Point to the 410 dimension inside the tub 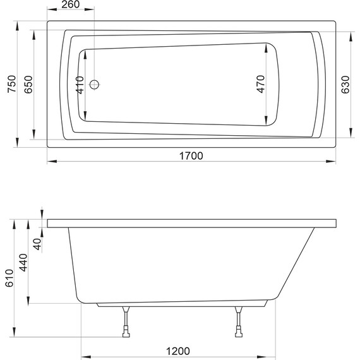[x=80, y=84]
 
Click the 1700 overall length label [x=191, y=157]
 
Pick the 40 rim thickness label [x=37, y=243]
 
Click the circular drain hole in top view [x=94, y=84]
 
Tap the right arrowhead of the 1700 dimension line [x=333, y=162]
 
